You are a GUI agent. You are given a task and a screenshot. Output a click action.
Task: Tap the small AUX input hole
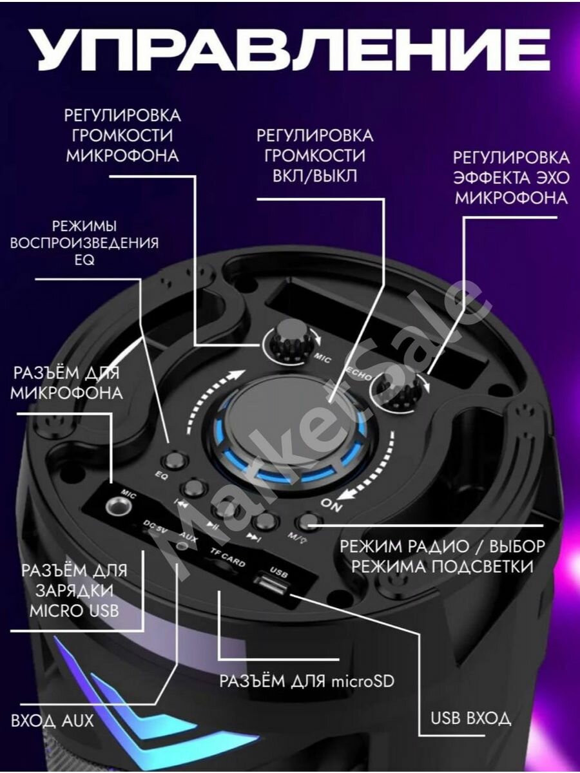point(182,546)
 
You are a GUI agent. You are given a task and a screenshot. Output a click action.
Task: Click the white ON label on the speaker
point(333,506)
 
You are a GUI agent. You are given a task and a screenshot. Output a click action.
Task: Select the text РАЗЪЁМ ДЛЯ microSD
point(306,681)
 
